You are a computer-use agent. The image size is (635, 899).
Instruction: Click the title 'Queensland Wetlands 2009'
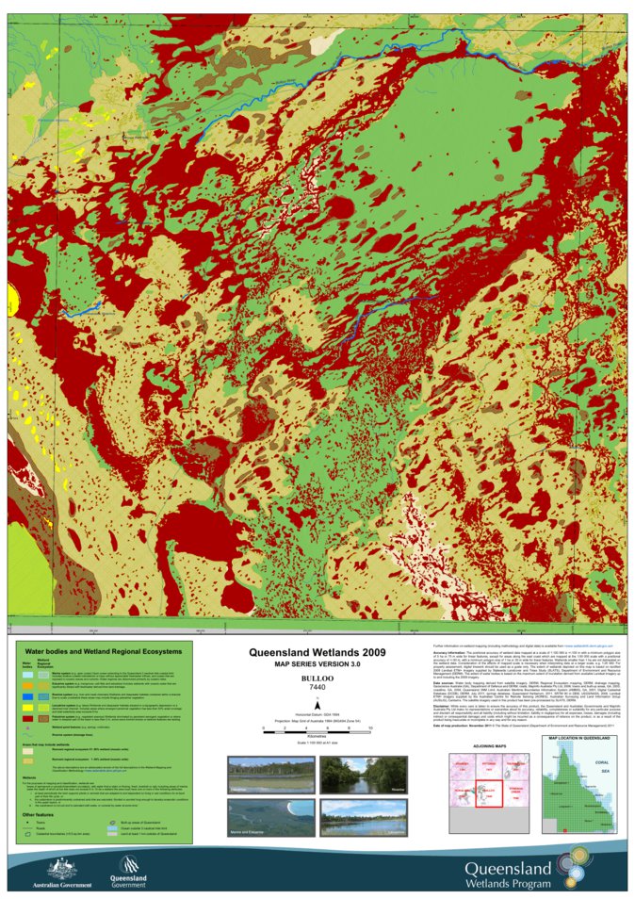pos(317,651)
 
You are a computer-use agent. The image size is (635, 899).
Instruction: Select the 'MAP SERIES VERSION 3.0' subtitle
pos(317,665)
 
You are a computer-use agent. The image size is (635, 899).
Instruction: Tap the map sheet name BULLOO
pos(317,678)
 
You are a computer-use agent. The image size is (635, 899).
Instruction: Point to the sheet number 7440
pos(317,688)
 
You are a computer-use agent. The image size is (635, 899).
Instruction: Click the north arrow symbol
pos(317,705)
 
